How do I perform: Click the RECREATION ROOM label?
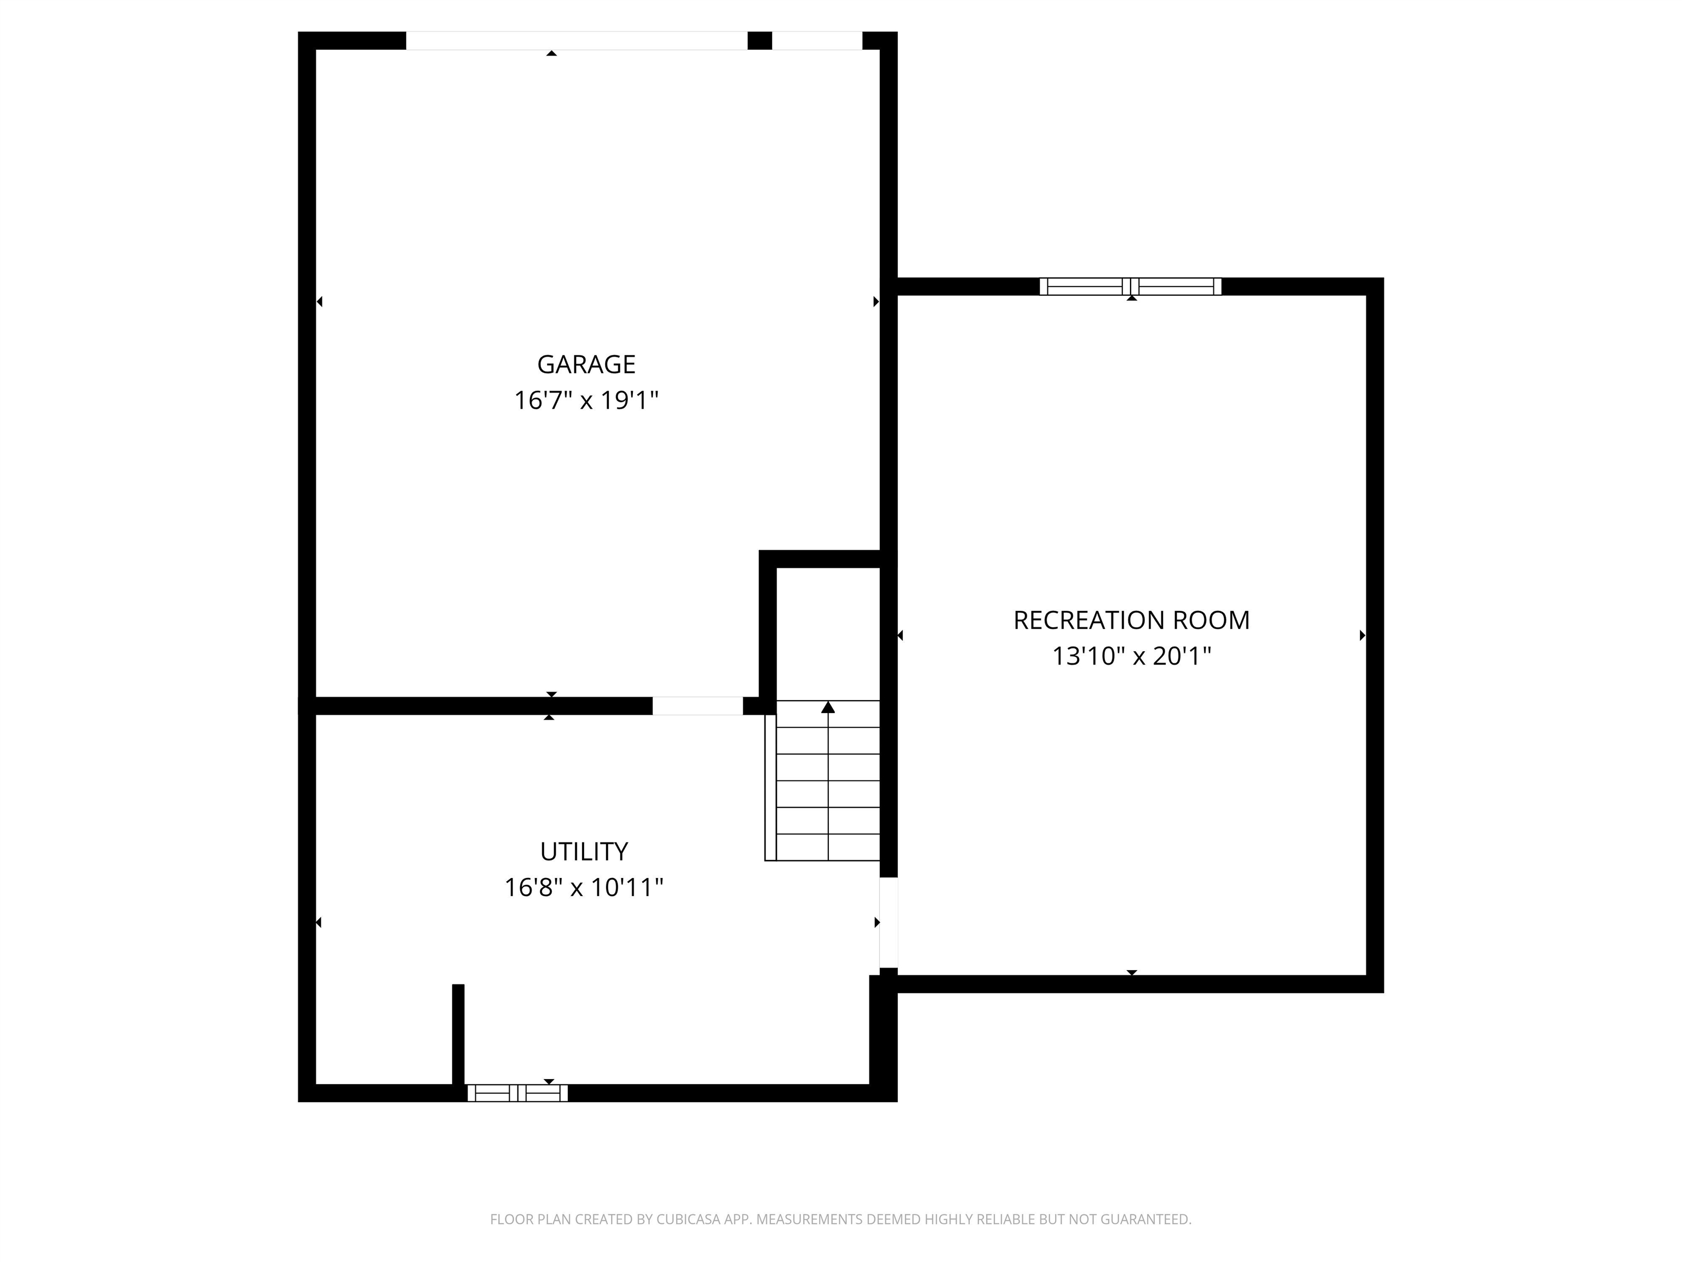tap(1131, 620)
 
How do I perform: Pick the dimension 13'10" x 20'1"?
tap(1131, 656)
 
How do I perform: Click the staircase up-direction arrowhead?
tap(828, 708)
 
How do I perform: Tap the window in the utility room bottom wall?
tap(517, 1093)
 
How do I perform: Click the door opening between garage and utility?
tap(698, 706)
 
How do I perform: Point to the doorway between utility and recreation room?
tap(888, 923)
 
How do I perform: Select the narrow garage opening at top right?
tap(817, 41)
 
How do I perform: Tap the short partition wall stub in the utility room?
tap(458, 1035)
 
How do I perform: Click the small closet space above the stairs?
tap(827, 632)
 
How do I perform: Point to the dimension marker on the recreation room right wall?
tap(1362, 635)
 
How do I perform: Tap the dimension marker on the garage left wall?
tap(319, 301)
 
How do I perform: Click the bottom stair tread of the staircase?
tap(827, 847)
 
